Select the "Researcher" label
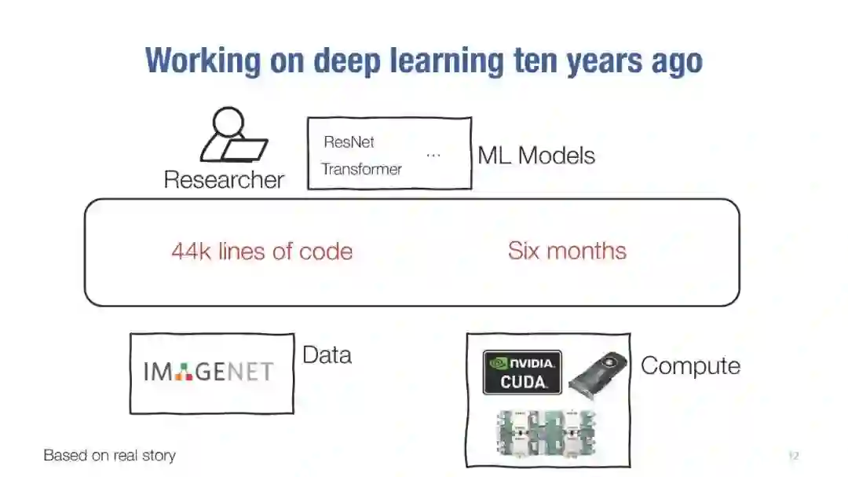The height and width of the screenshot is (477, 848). click(224, 180)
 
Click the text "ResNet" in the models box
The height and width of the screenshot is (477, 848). click(349, 142)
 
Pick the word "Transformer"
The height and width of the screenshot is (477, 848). click(361, 169)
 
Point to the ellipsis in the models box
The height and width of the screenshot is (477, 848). click(433, 156)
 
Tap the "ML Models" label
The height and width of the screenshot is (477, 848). click(536, 155)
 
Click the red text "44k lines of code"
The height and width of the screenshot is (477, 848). click(261, 251)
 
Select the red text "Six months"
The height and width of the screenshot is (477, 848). click(567, 251)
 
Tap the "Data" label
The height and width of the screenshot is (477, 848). click(327, 355)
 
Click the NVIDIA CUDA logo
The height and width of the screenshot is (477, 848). click(522, 372)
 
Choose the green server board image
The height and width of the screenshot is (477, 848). click(546, 433)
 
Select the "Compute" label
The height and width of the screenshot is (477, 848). click(690, 365)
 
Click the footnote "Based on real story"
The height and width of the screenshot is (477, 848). click(109, 456)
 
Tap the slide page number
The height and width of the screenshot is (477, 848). click(793, 456)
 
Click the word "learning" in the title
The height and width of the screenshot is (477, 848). click(447, 61)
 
